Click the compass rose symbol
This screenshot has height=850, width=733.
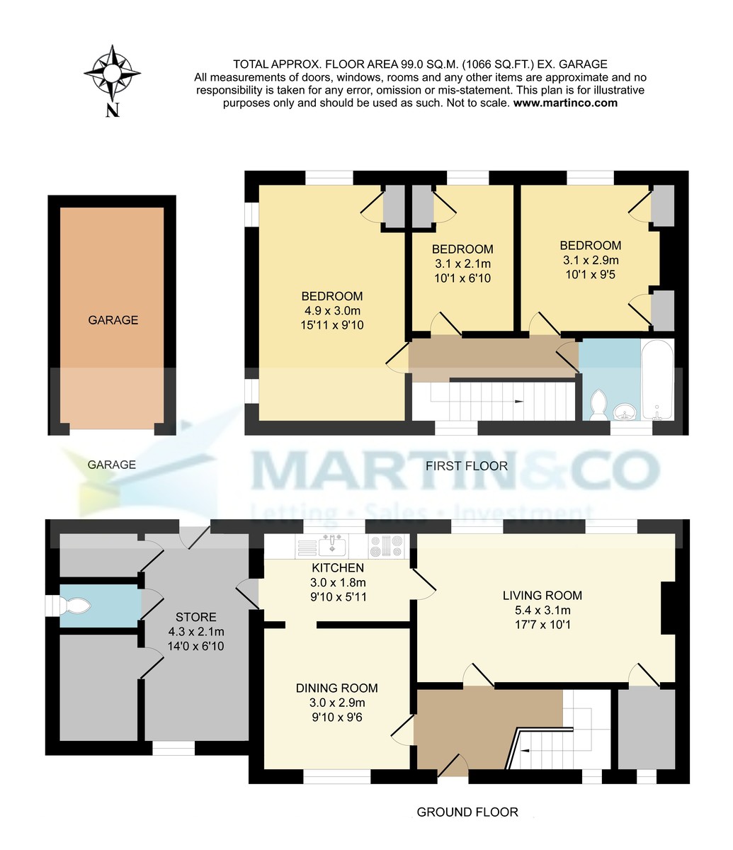[x=113, y=73]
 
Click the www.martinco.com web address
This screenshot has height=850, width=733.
[x=564, y=103]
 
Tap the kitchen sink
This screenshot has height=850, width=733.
[x=331, y=546]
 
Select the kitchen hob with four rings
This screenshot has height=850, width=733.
[x=387, y=547]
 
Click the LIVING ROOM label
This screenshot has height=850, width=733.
[x=542, y=595]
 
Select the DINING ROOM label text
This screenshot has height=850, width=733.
[x=336, y=688]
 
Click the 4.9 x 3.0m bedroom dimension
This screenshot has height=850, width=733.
[x=332, y=311]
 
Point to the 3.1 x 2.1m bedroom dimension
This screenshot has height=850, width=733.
[x=462, y=263]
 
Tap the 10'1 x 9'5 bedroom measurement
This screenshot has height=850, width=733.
[x=590, y=274]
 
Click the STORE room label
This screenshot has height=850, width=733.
[x=196, y=617]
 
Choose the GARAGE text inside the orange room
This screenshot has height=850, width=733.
[x=113, y=320]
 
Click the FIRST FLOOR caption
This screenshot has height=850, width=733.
[x=467, y=465]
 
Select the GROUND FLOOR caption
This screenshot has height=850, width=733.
[x=467, y=812]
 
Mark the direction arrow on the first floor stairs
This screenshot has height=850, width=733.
[x=519, y=402]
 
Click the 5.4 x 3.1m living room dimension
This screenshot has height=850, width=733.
[x=542, y=610]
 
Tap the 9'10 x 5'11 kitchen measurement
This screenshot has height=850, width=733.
[x=338, y=597]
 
